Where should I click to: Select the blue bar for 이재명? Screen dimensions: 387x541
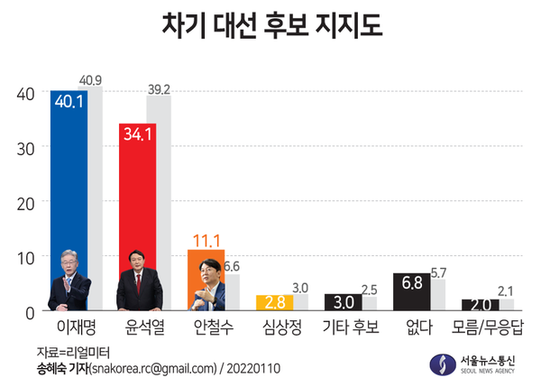tap(69, 171)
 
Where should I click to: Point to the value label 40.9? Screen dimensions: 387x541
tap(91, 81)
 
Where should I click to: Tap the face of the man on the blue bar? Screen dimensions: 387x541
tap(70, 263)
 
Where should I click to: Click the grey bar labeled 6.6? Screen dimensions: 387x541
tap(232, 290)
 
